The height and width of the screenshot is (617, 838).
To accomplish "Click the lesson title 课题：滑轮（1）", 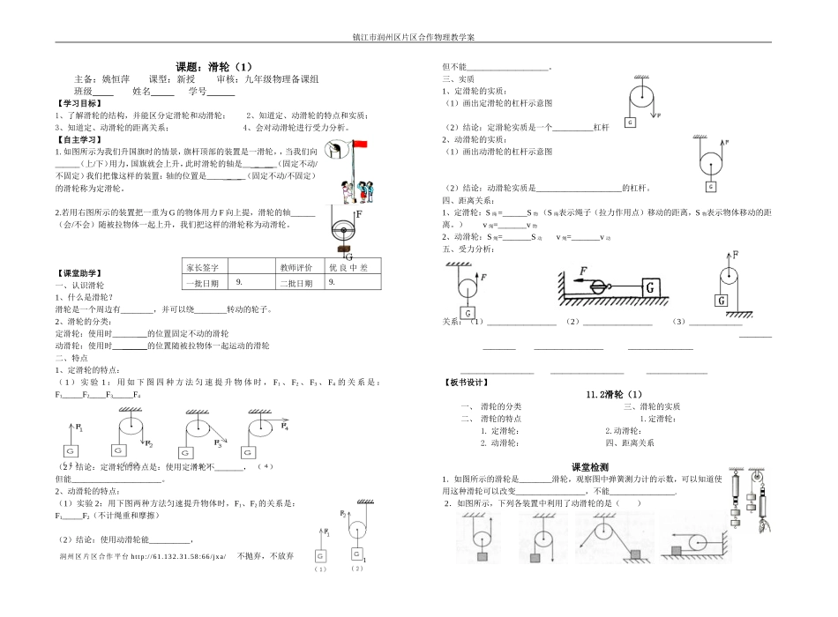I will pos(213,66).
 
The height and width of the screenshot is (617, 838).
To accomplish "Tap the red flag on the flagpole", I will pos(360,144).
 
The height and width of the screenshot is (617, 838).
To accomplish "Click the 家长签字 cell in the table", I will pos(206,266).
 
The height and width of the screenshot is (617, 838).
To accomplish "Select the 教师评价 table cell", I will pos(296,266).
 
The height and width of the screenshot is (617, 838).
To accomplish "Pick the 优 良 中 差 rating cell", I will pos(348,266).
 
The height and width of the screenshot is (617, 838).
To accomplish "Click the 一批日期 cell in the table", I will pos(206,283).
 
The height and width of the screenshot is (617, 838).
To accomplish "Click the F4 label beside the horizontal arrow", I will pos(285,427).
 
